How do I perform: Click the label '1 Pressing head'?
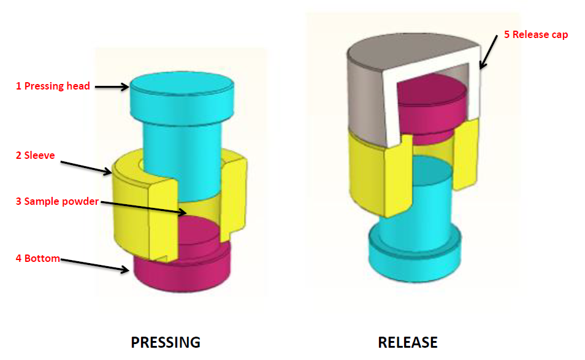tap(53, 86)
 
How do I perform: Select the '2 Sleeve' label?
tap(36, 155)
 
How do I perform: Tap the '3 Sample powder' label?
tap(57, 201)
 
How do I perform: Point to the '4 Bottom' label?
tap(38, 258)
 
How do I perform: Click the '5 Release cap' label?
tap(536, 34)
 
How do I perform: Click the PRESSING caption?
tap(166, 342)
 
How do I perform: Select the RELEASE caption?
tap(408, 342)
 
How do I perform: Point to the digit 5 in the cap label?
tap(507, 34)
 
